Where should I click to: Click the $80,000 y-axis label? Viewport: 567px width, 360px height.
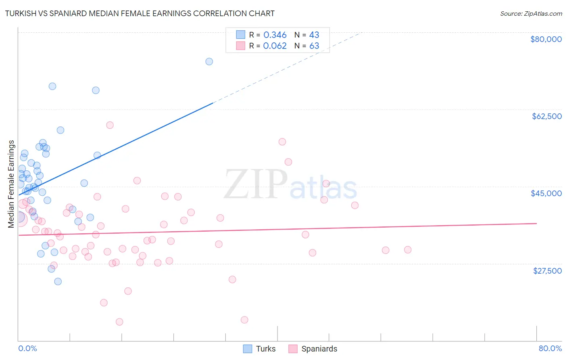coord(546,39)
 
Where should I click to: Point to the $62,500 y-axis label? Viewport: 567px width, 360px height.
coord(546,116)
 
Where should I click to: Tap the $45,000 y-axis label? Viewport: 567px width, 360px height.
coord(546,193)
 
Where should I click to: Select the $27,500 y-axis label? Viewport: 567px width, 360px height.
coord(547,271)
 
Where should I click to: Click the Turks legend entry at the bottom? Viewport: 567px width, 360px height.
coord(265,349)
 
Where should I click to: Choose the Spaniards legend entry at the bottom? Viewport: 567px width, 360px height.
coord(319,349)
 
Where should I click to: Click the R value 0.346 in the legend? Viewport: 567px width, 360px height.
coord(275,35)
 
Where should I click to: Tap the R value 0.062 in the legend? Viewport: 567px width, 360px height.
coord(275,46)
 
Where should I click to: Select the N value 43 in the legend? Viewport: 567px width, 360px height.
coord(314,35)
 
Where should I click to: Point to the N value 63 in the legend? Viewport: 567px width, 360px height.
coord(314,46)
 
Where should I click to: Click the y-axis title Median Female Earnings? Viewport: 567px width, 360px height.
coord(11,184)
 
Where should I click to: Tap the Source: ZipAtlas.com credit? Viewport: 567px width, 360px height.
coord(531,14)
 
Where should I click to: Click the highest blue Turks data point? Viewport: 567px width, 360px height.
coord(209,62)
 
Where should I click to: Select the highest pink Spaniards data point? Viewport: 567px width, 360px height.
coord(110,125)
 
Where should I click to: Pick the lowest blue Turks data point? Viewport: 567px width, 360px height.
coord(58,282)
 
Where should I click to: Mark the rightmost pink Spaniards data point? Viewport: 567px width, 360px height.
coord(408,250)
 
